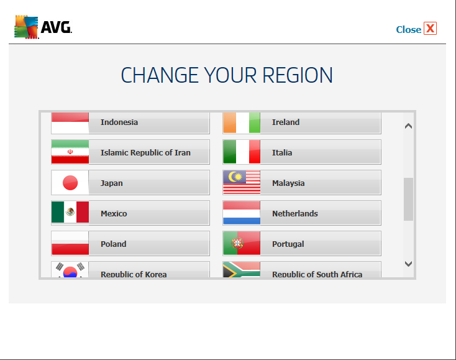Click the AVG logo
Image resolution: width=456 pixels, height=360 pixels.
[43, 27]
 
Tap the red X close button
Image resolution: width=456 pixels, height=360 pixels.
[430, 29]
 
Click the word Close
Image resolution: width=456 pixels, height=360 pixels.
[409, 29]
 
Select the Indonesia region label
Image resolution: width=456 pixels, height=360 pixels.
[119, 122]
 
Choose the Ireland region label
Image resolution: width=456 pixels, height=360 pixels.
[286, 122]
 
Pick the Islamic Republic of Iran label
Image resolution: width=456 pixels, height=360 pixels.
[145, 152]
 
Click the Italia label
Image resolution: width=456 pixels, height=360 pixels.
[282, 152]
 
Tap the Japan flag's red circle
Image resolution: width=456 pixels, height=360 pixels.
[70, 182]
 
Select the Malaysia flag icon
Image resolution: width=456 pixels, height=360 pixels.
[242, 182]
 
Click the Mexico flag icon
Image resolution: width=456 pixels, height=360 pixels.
[70, 213]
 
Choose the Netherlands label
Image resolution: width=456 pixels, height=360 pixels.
[295, 214]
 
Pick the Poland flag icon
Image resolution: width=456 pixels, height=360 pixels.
[70, 243]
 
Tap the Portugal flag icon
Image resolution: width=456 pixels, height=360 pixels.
[242, 243]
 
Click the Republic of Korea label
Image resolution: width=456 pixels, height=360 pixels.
[134, 274]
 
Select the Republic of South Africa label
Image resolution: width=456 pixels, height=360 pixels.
[317, 274]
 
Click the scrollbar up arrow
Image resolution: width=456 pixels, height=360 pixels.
[408, 126]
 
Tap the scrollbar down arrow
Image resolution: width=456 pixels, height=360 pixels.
[408, 264]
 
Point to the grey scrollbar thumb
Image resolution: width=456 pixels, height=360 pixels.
[408, 199]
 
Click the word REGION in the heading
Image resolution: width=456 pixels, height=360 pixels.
[298, 75]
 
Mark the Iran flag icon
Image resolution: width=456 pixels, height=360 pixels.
[70, 152]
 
